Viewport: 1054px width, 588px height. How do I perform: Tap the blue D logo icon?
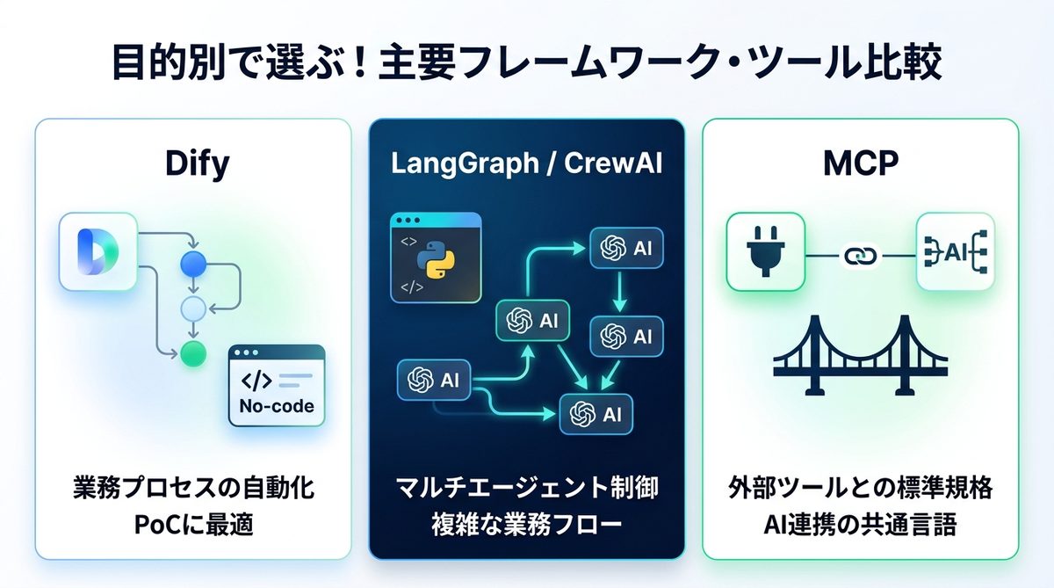(x=97, y=251)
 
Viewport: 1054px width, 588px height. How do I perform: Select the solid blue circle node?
(x=192, y=263)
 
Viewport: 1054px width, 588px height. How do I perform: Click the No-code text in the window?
(x=276, y=406)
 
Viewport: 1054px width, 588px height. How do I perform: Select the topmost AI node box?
(x=625, y=249)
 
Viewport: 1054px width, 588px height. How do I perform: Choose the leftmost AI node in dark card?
(x=433, y=380)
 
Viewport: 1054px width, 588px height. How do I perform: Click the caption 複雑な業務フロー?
(x=526, y=526)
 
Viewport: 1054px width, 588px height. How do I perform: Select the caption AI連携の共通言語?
(x=861, y=526)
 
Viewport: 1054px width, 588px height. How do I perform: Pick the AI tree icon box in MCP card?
(x=955, y=252)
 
